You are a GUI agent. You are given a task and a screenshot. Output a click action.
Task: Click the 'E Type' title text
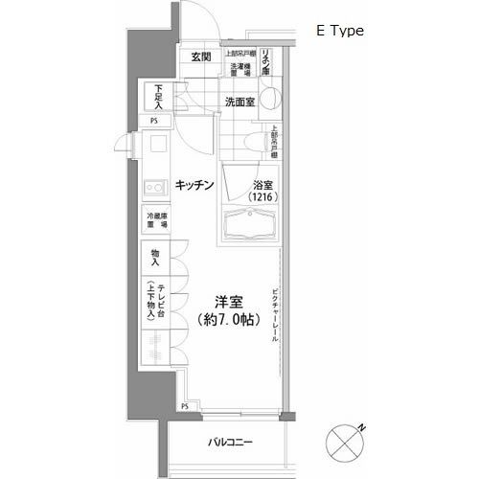point(340,31)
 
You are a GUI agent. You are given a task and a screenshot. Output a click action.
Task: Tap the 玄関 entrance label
point(201,57)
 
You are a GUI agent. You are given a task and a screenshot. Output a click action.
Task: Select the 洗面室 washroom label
point(239,102)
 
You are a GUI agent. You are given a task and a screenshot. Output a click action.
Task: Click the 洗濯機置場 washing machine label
point(239,70)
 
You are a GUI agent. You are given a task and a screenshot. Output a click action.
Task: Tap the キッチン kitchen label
point(194,184)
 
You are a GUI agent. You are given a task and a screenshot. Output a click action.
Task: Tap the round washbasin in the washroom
point(270,100)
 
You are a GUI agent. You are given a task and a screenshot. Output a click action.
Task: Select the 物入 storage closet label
point(155,259)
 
